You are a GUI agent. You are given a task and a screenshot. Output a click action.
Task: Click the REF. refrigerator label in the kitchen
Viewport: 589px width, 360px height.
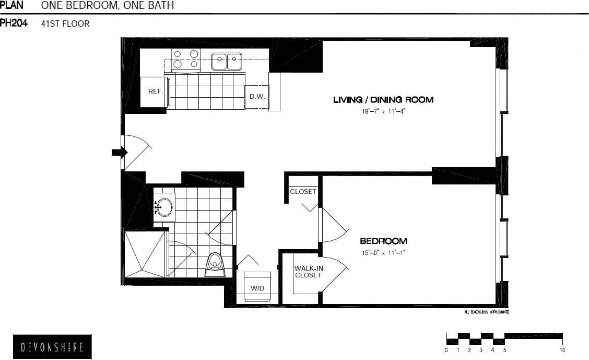click(155, 91)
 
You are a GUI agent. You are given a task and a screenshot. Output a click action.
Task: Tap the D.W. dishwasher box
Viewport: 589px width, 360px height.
click(257, 97)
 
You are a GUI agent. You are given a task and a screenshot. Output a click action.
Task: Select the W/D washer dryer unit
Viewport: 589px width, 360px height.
click(257, 287)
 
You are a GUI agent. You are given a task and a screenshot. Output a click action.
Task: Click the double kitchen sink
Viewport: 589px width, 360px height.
click(227, 61)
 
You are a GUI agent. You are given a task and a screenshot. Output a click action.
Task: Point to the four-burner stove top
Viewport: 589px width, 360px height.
click(186, 59)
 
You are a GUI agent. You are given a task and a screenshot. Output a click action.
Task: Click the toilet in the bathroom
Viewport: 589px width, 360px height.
click(215, 264)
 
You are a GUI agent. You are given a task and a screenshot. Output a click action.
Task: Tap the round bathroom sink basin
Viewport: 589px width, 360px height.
click(164, 207)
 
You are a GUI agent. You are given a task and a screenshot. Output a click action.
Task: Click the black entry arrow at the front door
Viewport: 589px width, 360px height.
click(120, 153)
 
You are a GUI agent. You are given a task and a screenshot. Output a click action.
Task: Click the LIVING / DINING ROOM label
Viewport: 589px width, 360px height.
click(383, 100)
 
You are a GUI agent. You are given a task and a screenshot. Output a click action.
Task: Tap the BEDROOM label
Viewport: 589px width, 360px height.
click(383, 241)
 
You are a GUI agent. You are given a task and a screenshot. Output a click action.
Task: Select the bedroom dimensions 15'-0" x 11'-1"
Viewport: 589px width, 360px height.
click(383, 253)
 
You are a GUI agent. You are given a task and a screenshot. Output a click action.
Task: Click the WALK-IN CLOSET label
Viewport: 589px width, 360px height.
click(308, 272)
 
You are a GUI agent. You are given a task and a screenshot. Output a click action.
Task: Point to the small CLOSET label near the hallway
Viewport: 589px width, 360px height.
click(303, 192)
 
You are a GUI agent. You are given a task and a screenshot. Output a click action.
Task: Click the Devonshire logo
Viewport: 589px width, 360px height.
click(52, 346)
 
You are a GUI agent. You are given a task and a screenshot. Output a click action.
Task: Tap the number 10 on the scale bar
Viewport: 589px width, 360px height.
click(562, 350)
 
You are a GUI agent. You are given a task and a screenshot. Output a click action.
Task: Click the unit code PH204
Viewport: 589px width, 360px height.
click(14, 23)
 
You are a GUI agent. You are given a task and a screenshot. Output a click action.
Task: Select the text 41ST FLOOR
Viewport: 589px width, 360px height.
click(65, 24)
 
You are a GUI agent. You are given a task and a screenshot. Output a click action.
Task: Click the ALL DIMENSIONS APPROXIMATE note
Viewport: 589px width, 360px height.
click(486, 312)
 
